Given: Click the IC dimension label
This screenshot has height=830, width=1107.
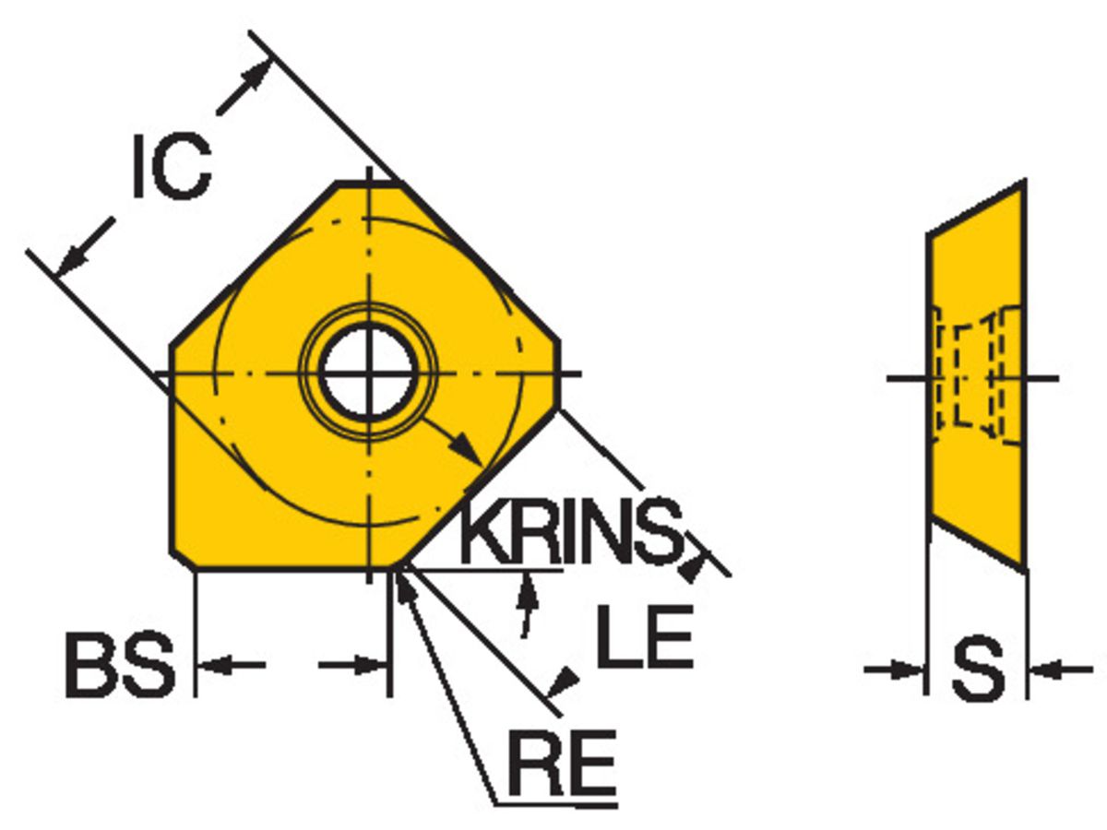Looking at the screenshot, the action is click(x=172, y=167).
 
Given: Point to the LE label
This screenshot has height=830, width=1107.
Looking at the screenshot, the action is click(x=645, y=636).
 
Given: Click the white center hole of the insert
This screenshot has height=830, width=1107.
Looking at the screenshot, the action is click(x=369, y=373).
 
